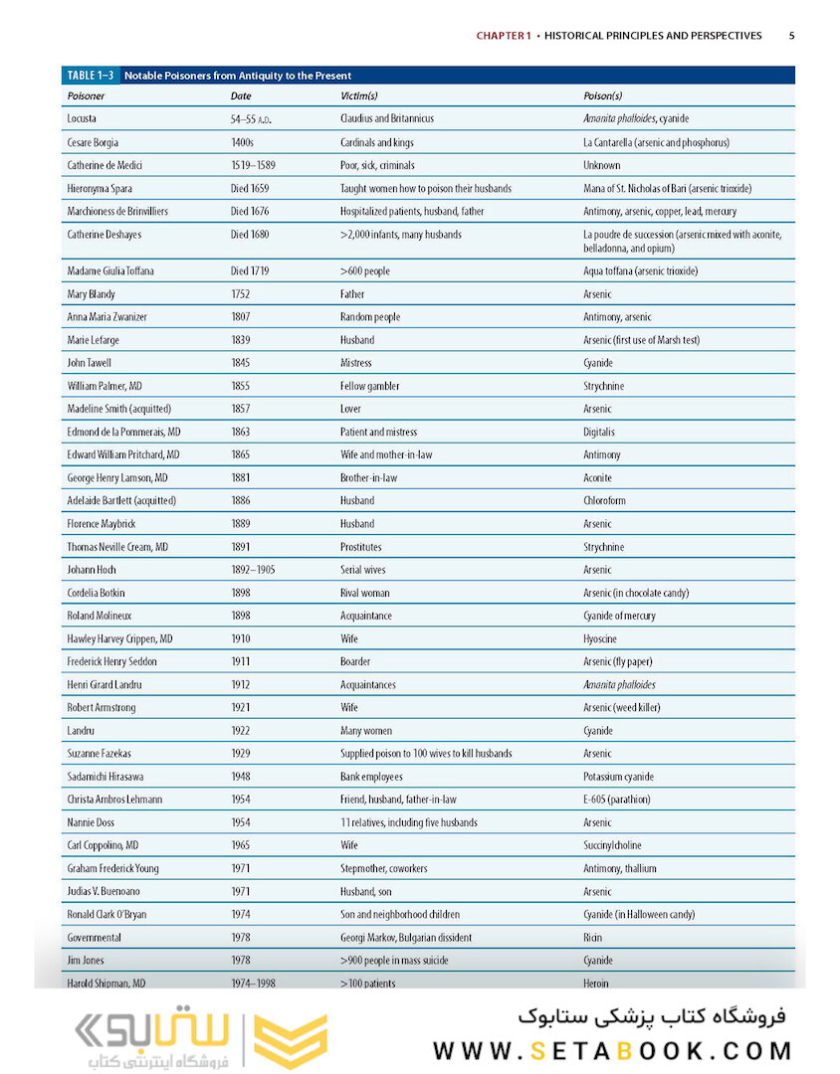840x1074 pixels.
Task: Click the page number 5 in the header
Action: tap(791, 36)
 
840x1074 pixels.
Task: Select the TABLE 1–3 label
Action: tap(91, 76)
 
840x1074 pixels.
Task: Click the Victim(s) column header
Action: tap(358, 96)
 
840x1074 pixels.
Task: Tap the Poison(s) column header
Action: tap(602, 96)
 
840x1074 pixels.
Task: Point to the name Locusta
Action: tap(82, 119)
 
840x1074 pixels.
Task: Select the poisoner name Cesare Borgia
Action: tap(93, 142)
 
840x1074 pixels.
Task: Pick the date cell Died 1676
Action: tap(250, 212)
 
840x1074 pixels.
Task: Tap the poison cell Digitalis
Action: tap(599, 433)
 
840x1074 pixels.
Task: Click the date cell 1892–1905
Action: tap(253, 571)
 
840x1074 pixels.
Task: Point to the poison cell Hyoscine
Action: tap(600, 639)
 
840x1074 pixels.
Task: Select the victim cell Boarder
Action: tap(355, 662)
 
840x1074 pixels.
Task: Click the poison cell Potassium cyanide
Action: tap(618, 777)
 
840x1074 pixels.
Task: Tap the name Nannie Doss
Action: tap(90, 823)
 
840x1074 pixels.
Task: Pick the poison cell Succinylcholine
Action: tap(612, 846)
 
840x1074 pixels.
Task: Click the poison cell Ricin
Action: tap(593, 938)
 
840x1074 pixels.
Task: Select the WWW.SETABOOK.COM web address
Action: tap(612, 1051)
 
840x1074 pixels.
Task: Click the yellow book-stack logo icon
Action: tap(291, 1041)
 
